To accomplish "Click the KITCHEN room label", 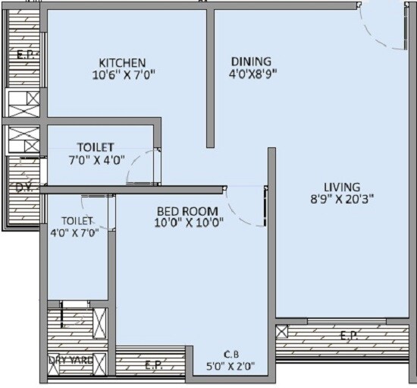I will click(122, 62).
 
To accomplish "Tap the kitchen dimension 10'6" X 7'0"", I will click(123, 74).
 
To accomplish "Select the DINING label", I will click(251, 62).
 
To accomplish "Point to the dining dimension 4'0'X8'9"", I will click(251, 74).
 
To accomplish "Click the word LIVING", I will click(342, 188).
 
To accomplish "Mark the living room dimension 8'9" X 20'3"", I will click(342, 200).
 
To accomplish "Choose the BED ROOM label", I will click(187, 210).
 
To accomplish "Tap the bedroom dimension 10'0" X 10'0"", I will click(187, 222).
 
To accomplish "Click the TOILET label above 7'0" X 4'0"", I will click(95, 147).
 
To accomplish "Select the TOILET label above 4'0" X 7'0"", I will click(77, 220).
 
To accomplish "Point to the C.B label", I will click(232, 354).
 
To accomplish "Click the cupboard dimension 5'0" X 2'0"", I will click(232, 366).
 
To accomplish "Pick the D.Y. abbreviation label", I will click(24, 187).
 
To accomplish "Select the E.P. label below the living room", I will click(349, 335).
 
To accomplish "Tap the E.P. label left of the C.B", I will click(152, 365).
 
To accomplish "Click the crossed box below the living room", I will click(282, 332).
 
